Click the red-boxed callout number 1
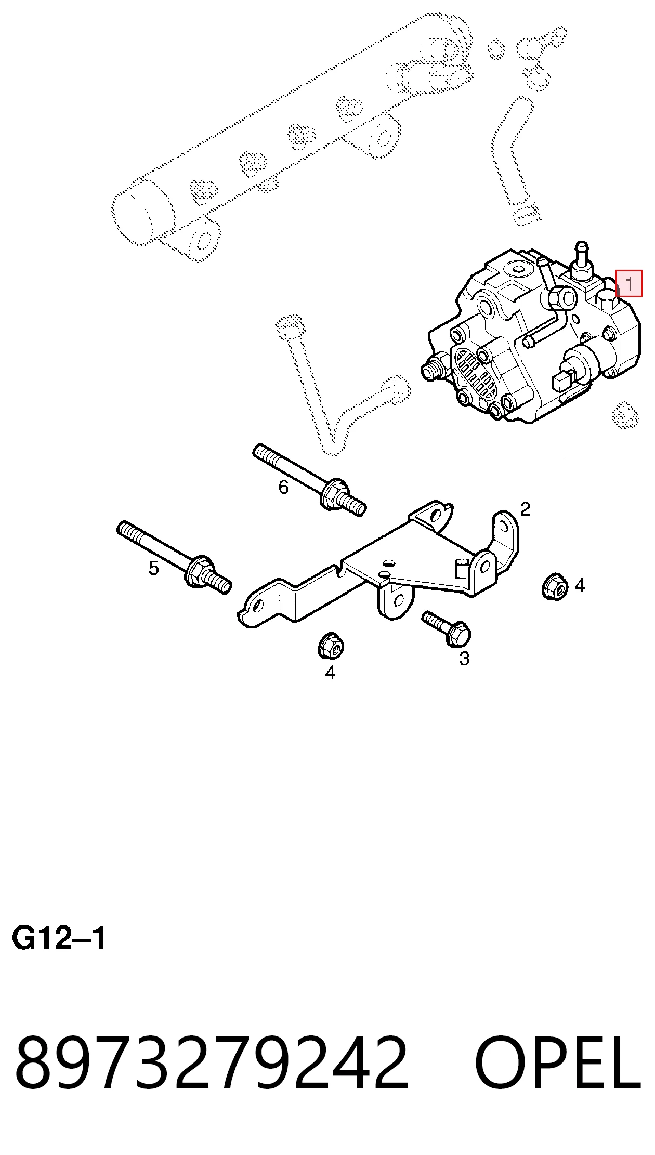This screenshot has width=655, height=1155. click(629, 284)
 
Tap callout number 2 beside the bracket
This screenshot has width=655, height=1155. click(525, 509)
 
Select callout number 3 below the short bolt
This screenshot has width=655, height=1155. click(464, 659)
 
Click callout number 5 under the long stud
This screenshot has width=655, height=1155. click(153, 568)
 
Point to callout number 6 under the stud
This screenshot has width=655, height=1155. click(283, 487)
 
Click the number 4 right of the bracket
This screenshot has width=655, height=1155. click(580, 586)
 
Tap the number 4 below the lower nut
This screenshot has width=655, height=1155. click(330, 673)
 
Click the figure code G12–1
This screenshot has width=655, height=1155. click(59, 939)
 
